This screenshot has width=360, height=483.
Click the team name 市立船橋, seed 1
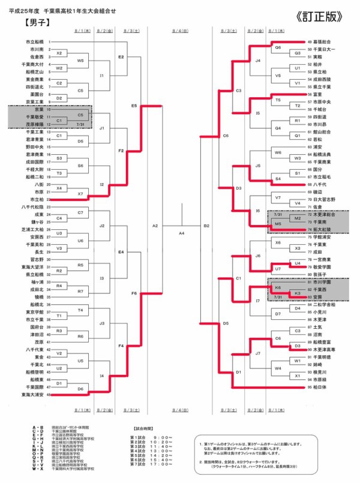click(35, 41)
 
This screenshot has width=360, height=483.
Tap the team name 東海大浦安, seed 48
click(32, 395)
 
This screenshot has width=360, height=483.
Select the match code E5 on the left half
click(134, 106)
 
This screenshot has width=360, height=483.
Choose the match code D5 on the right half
click(226, 323)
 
